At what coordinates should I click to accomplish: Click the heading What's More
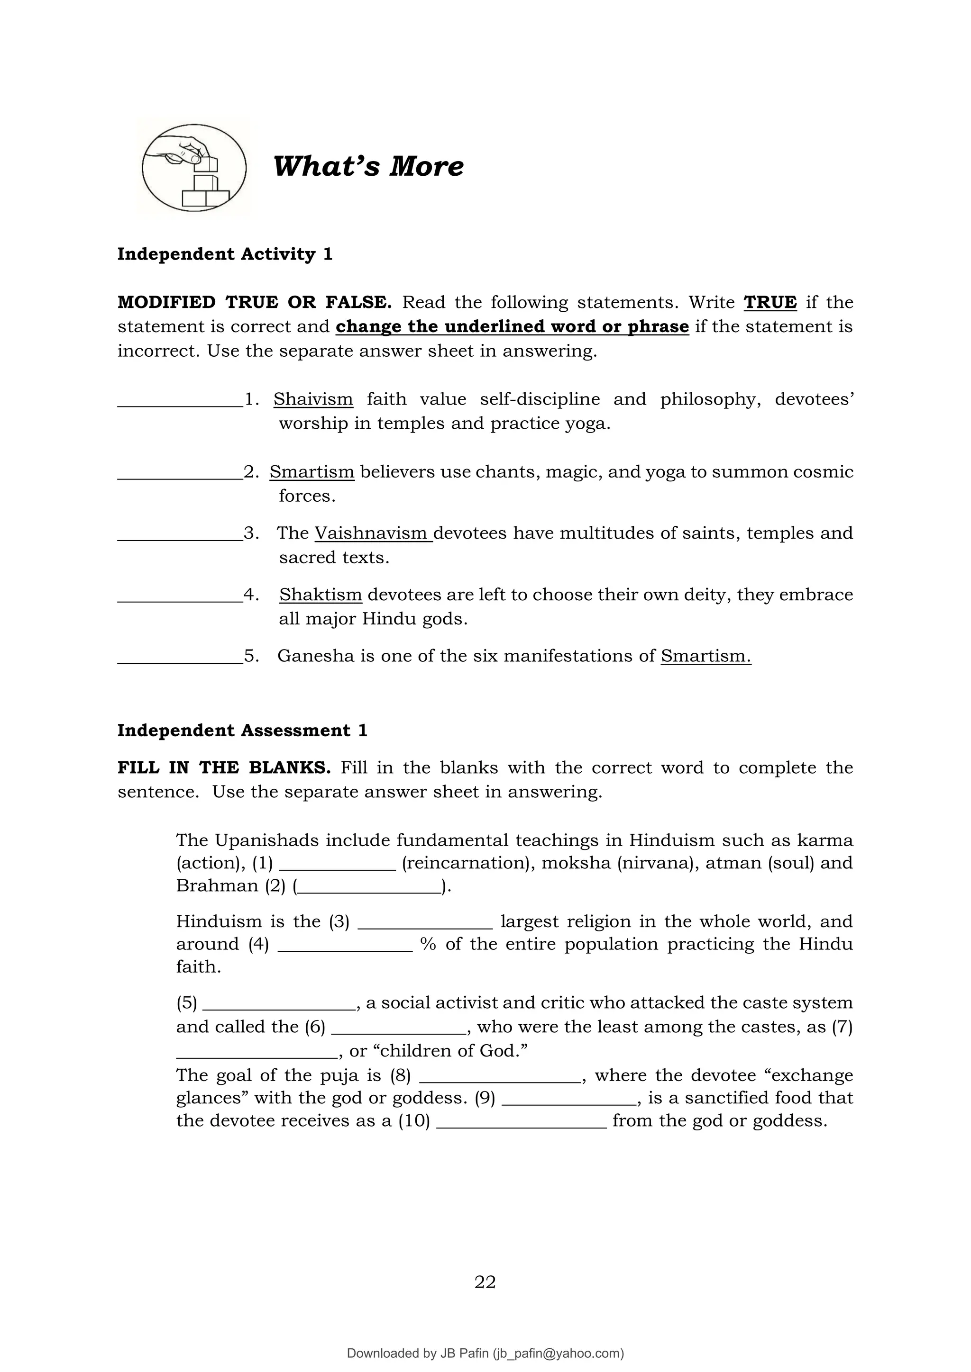click(x=368, y=166)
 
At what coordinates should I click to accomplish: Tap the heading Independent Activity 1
click(x=224, y=254)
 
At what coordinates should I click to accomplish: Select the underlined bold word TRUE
click(x=769, y=302)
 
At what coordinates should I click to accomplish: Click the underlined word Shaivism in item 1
click(x=313, y=399)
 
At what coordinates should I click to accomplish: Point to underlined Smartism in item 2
click(x=311, y=471)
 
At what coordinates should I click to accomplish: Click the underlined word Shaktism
click(x=321, y=595)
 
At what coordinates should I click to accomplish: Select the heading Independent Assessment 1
click(x=242, y=730)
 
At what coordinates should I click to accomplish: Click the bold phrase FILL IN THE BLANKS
click(x=224, y=767)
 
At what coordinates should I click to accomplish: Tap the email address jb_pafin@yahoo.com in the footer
click(x=558, y=1354)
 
